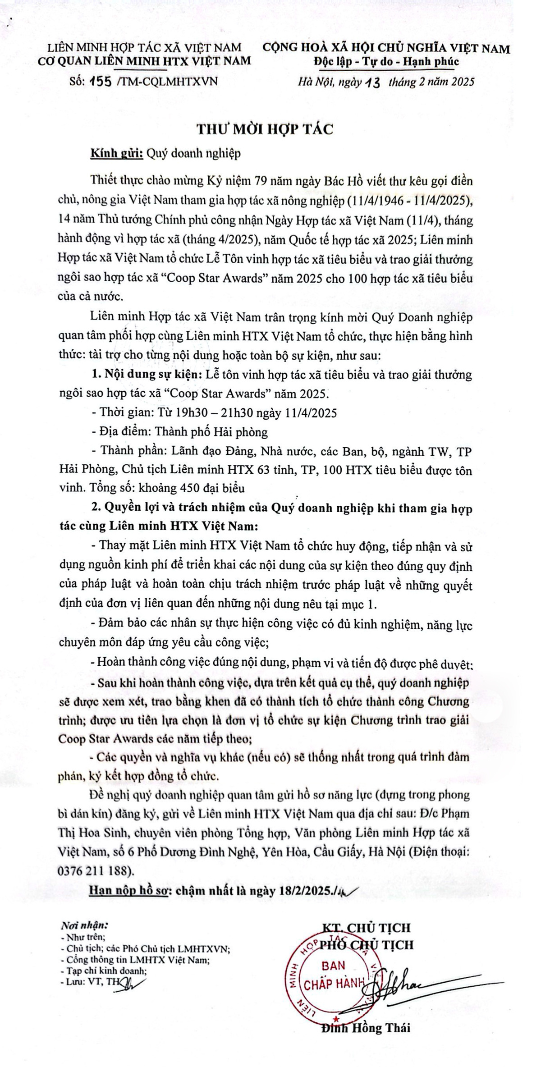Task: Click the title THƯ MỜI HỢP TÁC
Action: click(265, 129)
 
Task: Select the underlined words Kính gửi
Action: click(117, 153)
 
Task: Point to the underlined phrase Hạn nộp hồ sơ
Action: click(128, 890)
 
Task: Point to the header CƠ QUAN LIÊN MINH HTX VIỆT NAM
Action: click(145, 62)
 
